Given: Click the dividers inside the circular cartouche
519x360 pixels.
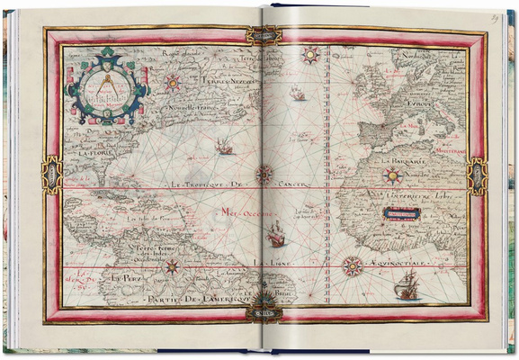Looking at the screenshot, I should point(106,83).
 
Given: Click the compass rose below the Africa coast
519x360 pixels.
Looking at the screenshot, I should point(353,266).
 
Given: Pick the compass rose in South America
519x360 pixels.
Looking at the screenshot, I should point(172,266).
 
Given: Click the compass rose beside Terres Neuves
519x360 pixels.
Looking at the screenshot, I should point(172,82).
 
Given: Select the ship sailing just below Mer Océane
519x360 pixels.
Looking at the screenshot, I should point(276,235).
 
